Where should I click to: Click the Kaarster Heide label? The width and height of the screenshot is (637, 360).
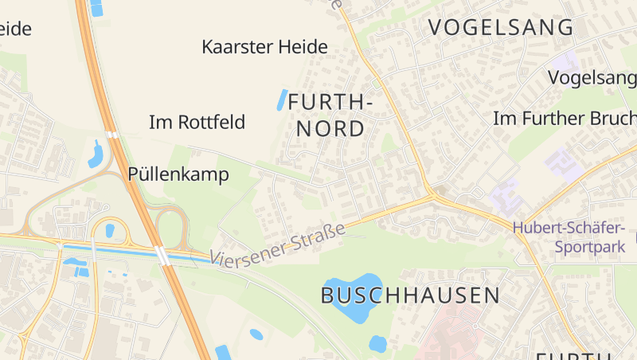264,47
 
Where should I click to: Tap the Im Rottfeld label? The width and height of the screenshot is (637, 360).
197,123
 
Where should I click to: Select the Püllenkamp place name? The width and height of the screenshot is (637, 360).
178,174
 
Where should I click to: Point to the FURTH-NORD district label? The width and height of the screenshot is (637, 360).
330,115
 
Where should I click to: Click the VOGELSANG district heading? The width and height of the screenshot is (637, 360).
501,27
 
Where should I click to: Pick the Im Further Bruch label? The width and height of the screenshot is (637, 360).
565,119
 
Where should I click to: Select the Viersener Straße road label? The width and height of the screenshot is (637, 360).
278,245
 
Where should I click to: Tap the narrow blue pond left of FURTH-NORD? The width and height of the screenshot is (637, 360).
281,100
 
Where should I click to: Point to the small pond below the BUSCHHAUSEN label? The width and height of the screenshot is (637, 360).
377,344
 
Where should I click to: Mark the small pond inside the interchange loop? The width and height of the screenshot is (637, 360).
110,231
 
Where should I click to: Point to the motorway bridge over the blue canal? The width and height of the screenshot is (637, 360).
163,256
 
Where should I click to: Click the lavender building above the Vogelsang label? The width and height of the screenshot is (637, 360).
567,61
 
